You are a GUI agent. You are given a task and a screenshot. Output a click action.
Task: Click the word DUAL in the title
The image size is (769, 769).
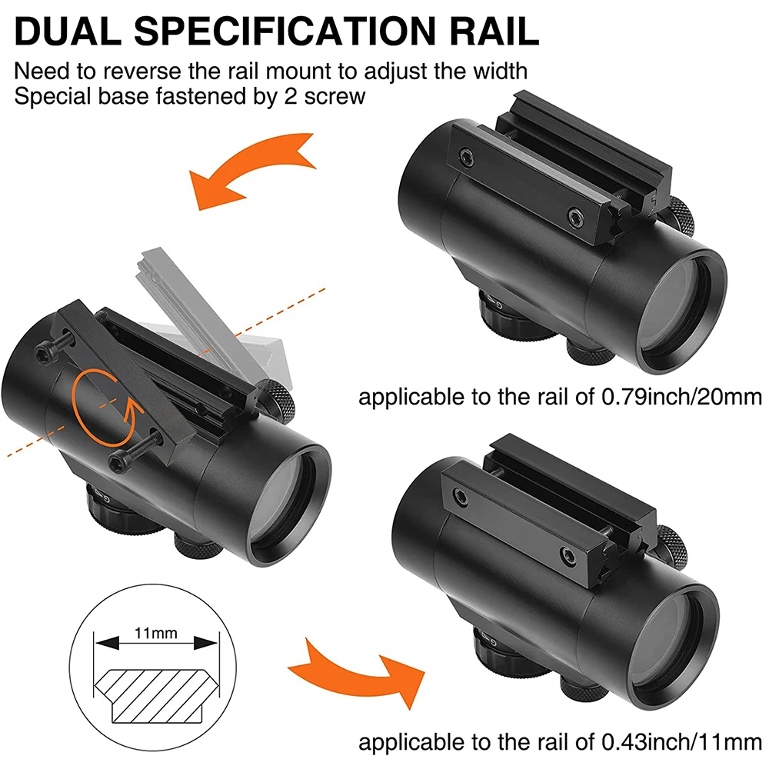(x=68, y=32)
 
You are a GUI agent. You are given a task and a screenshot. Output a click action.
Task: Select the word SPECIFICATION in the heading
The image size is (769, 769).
(x=285, y=32)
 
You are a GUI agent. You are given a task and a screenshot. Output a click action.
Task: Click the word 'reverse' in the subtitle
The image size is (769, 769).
(x=142, y=72)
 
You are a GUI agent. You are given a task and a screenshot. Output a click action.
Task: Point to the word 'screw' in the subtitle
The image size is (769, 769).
(x=335, y=96)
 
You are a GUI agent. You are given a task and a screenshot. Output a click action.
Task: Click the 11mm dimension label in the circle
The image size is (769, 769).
(x=155, y=633)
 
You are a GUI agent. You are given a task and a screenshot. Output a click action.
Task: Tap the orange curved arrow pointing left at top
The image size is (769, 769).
(x=252, y=170)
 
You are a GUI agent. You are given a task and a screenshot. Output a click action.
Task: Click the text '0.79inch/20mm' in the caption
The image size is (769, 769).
(x=681, y=397)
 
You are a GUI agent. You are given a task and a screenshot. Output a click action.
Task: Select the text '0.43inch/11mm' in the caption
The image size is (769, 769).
(x=681, y=742)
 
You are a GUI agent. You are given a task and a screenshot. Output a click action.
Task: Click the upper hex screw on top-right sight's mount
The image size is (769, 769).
(x=466, y=158)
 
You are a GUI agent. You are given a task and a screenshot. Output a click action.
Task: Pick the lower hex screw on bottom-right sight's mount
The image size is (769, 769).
(x=569, y=556)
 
